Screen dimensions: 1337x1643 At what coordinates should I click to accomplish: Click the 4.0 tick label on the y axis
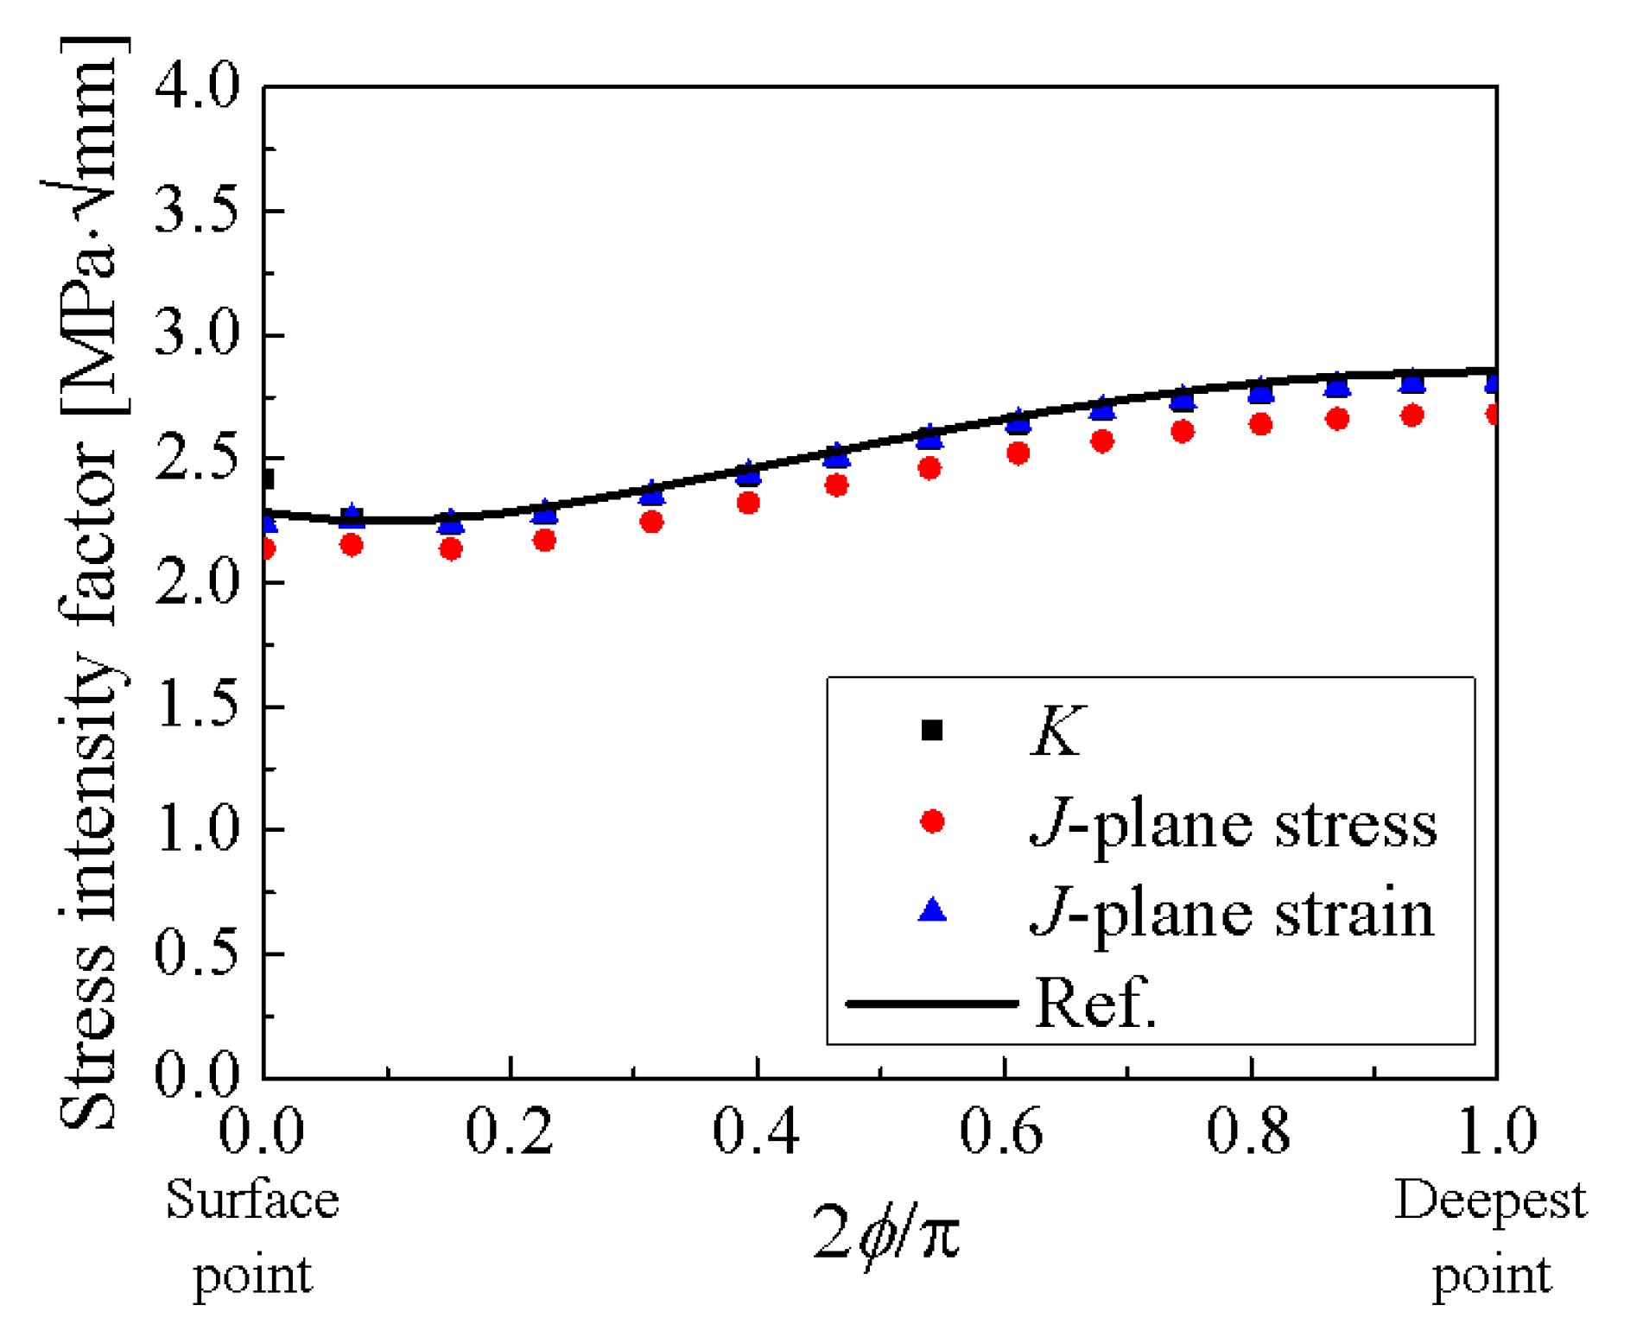coord(197,86)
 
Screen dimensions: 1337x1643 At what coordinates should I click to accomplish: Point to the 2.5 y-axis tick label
coord(197,459)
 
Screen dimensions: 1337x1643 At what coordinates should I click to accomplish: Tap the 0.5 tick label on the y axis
coord(197,954)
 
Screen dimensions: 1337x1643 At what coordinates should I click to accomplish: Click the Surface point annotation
coord(252,1237)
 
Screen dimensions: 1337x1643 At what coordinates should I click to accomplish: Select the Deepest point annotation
coord(1491,1237)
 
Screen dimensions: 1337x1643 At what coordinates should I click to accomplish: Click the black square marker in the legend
coord(932,731)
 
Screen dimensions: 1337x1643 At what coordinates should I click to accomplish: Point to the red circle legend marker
coord(932,821)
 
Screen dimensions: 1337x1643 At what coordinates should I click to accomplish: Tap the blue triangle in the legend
coord(932,910)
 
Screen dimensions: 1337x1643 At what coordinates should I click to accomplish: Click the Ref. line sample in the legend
coord(932,1003)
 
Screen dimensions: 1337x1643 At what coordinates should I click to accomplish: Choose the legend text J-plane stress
coord(1234,825)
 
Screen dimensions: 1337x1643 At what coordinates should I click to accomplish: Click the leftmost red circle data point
coord(267,549)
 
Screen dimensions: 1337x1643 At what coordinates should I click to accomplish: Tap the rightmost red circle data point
coord(1494,415)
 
